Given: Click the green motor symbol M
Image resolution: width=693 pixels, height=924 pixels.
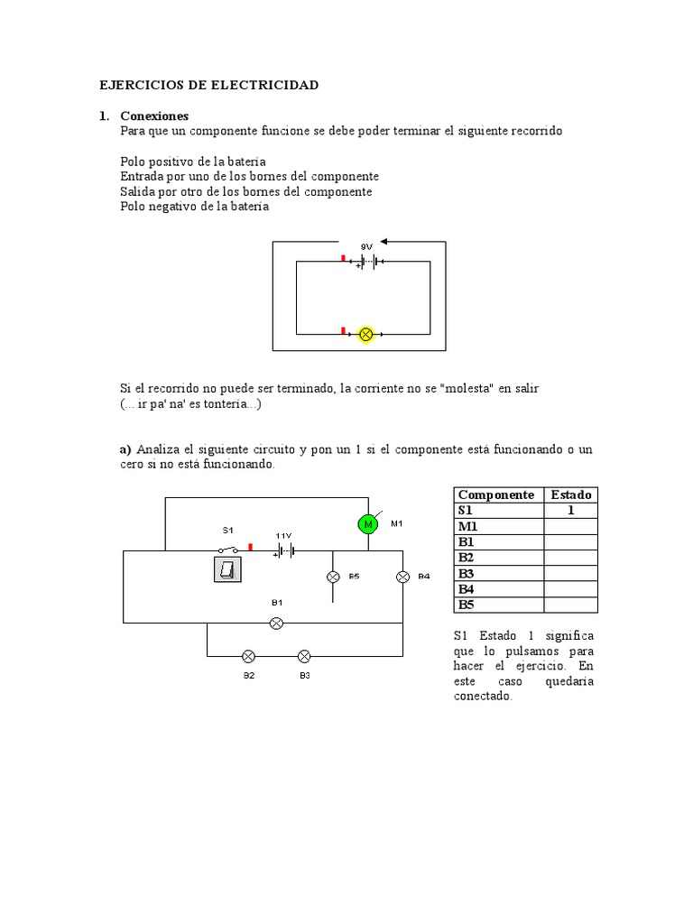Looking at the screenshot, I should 367,524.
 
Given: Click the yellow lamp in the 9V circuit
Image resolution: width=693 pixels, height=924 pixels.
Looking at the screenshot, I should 366,334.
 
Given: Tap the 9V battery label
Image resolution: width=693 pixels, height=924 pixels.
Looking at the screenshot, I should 366,245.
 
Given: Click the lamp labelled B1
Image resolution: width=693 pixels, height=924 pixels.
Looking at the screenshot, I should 278,623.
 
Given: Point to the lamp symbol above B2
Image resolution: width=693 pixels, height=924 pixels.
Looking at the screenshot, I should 249,656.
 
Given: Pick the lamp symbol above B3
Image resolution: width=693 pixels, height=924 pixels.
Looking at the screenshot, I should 305,656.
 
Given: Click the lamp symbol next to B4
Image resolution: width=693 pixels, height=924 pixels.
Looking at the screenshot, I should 402,576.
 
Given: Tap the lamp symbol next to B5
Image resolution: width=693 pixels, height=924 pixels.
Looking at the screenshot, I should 332,576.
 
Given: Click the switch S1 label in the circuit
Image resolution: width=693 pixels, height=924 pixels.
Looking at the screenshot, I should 227,530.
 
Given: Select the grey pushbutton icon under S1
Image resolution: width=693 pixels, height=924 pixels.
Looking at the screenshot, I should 227,569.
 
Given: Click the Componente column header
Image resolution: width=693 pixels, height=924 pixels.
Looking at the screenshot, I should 496,494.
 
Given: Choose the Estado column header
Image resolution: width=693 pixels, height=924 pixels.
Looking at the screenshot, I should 570,494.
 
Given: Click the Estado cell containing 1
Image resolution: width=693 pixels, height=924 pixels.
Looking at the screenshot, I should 570,511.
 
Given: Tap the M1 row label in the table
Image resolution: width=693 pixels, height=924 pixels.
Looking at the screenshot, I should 467,526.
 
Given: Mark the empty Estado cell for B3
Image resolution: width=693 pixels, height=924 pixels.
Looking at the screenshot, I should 570,573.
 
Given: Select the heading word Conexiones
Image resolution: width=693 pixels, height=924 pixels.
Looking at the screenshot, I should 154,116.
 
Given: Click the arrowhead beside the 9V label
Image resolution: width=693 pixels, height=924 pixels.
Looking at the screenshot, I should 383,241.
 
